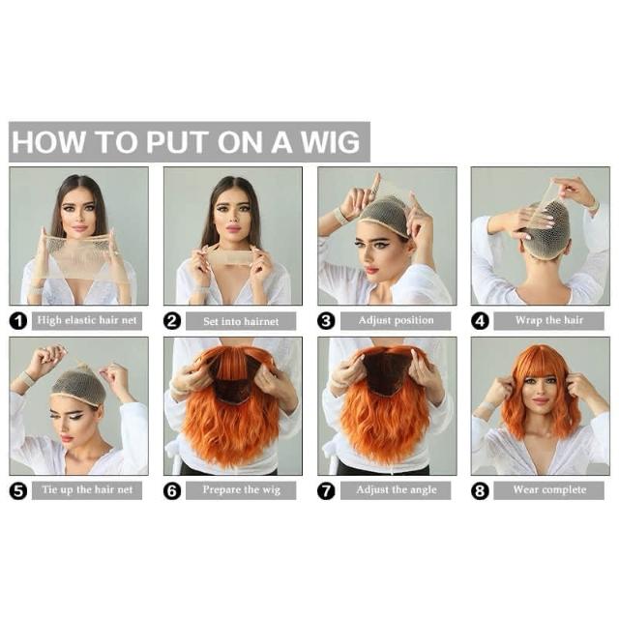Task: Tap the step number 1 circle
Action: [18, 321]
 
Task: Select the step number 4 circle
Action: [480, 321]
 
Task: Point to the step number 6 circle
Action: [172, 490]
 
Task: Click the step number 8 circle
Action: [480, 490]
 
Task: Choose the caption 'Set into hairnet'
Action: [241, 321]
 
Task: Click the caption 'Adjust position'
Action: [396, 320]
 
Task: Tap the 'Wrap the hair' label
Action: [548, 320]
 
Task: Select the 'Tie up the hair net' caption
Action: [87, 490]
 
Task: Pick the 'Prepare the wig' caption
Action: [241, 490]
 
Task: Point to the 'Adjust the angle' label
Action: [397, 490]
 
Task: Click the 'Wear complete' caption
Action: [549, 490]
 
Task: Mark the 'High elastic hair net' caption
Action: [87, 320]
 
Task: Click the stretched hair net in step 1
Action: [79, 252]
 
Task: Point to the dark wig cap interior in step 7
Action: [384, 374]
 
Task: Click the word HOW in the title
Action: [49, 142]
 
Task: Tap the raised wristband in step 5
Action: [28, 378]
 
